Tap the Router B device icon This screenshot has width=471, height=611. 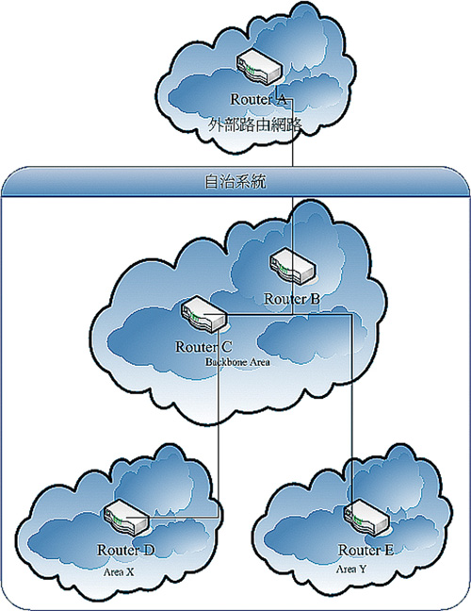click(x=293, y=266)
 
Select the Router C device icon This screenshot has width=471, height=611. click(x=203, y=315)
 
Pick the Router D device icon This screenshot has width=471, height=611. click(x=127, y=517)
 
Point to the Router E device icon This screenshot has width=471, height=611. click(x=366, y=517)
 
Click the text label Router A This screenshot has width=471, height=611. click(x=258, y=99)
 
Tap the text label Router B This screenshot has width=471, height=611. click(x=292, y=299)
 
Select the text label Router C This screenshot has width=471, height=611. click(x=203, y=346)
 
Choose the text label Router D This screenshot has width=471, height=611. click(x=125, y=550)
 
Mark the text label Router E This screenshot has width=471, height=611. click(x=365, y=550)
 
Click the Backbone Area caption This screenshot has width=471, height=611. click(x=237, y=362)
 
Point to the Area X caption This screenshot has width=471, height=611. click(x=119, y=572)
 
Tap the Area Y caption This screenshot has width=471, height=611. click(x=351, y=569)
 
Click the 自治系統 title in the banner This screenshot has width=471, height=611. click(x=235, y=182)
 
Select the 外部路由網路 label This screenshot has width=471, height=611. click(x=255, y=124)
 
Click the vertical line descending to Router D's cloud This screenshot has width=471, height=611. click(x=218, y=415)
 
